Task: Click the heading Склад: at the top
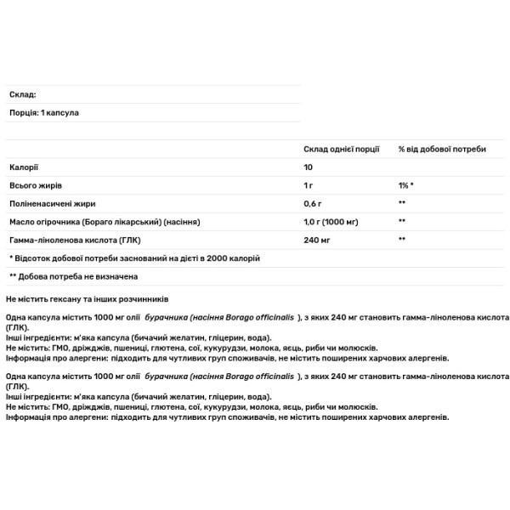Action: (22, 94)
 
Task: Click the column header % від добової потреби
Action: (442, 149)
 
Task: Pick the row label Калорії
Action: (24, 167)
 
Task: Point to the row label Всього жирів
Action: (35, 184)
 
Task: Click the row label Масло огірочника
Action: (104, 222)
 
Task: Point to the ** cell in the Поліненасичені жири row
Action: (402, 203)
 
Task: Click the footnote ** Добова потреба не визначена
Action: (73, 276)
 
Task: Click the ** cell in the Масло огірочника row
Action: (402, 222)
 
